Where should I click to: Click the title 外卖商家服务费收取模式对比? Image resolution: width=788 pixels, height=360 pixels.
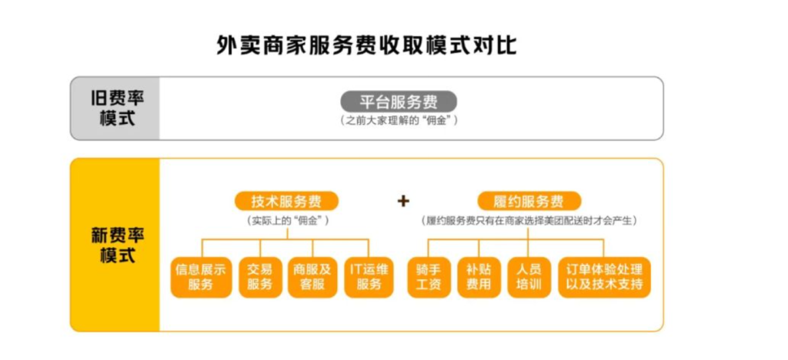click(366, 45)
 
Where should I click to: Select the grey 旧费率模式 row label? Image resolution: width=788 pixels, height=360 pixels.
click(115, 108)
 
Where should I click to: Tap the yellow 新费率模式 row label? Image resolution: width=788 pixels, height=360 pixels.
click(115, 245)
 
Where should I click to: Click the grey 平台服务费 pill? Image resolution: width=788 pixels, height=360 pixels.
click(399, 102)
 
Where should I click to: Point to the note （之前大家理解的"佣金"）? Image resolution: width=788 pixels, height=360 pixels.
click(399, 121)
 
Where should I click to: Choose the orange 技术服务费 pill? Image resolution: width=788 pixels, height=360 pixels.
click(286, 202)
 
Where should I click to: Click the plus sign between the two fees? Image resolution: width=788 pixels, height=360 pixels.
click(403, 202)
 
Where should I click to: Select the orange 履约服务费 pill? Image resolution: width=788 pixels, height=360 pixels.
click(529, 202)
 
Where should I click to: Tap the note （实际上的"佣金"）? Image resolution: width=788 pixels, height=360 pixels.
click(287, 221)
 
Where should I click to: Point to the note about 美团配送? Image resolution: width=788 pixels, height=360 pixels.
click(529, 221)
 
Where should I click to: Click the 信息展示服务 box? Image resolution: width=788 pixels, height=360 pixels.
click(201, 277)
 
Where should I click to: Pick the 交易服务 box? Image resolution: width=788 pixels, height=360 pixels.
click(260, 277)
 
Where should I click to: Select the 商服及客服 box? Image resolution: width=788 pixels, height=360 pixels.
click(312, 277)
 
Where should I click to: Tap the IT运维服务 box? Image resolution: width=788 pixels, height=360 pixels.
click(369, 277)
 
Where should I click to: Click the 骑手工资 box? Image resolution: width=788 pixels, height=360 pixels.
click(429, 277)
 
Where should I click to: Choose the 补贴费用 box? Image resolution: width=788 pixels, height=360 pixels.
click(479, 277)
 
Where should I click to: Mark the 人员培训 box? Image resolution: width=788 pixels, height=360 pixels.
click(529, 277)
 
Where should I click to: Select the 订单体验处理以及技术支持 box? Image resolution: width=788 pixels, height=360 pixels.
click(604, 277)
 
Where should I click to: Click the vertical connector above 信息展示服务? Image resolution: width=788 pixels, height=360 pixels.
click(202, 248)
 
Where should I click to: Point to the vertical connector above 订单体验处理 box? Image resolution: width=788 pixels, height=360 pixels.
click(603, 248)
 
